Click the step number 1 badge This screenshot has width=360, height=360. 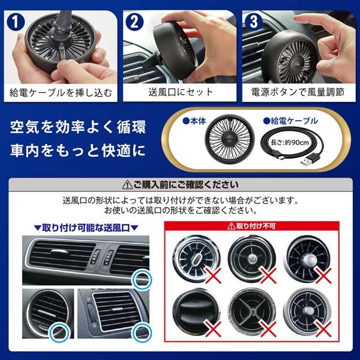pos(16,22)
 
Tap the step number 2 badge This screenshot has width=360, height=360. pos(134,22)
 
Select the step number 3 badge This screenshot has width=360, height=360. pos(254,22)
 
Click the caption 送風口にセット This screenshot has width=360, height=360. pos(181,92)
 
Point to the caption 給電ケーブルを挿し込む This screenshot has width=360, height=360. pos(61,93)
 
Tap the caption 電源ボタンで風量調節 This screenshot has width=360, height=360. pos(298,92)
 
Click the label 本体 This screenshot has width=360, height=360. pos(194,121)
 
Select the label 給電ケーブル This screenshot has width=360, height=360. pos(290,121)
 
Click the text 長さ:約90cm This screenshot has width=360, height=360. pos(290,143)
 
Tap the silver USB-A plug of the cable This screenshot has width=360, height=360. pos(310,160)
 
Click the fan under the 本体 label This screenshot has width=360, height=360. pos(230,139)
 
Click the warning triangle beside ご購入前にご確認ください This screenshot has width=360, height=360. pos(127,185)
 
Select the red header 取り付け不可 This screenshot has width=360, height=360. pos(251,226)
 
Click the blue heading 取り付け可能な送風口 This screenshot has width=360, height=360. pos(86,228)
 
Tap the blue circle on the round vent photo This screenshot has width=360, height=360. pos(60,332)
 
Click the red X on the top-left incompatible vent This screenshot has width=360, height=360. pos(213,275)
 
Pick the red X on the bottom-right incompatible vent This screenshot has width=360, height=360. pos(323,329)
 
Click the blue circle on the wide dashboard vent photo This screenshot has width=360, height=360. pos(142,280)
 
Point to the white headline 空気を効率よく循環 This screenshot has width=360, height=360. pos(78,127)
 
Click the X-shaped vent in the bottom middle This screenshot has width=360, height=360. pos(252,311)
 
